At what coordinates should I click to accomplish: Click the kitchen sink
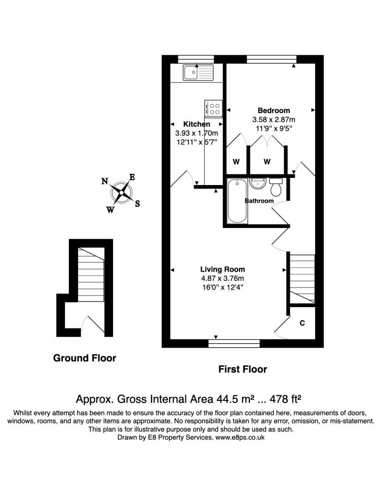(198, 72)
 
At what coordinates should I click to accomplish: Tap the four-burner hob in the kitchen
(213, 108)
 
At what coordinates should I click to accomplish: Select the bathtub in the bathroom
(237, 201)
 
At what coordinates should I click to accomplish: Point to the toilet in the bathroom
(276, 187)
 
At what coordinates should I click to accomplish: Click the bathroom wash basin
(258, 183)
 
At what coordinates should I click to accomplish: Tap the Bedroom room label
(274, 111)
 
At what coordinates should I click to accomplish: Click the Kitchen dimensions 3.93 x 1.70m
(197, 133)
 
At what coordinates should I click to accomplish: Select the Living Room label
(222, 269)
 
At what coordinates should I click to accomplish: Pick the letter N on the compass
(104, 181)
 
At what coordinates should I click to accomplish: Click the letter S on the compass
(137, 204)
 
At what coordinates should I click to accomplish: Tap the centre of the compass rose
(121, 193)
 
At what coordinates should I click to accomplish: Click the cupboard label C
(302, 323)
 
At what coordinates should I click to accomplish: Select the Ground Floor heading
(85, 358)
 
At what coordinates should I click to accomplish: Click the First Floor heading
(243, 370)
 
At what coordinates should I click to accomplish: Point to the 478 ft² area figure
(285, 399)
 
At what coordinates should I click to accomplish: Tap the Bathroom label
(259, 201)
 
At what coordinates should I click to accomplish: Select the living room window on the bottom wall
(234, 344)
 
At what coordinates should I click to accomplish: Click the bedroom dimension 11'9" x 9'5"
(274, 128)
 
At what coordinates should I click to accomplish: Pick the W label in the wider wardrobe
(267, 162)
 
